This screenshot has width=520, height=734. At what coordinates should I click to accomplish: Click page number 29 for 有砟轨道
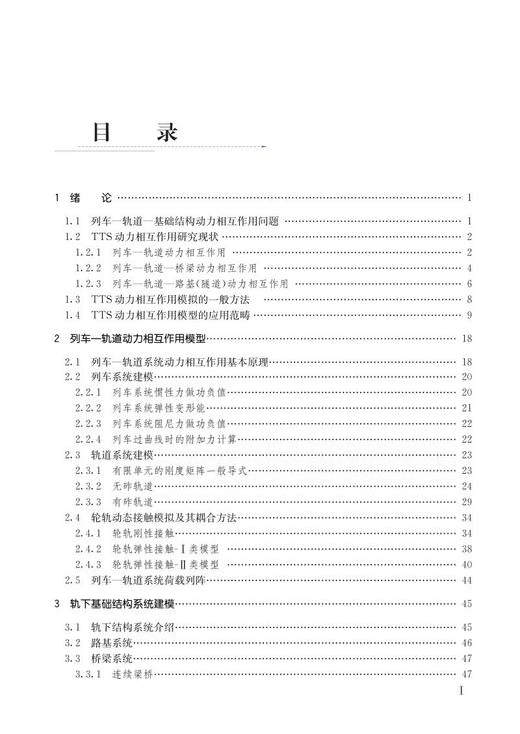[466, 501]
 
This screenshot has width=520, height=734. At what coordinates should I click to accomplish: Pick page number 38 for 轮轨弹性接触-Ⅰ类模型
[466, 549]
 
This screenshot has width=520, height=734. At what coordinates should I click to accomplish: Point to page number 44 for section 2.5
[466, 580]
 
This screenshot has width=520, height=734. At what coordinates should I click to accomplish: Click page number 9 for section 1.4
[468, 315]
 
